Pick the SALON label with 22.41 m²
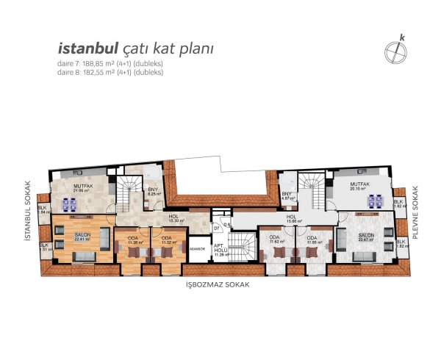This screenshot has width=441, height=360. click(82, 236)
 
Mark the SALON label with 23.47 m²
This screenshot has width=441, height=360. click(365, 236)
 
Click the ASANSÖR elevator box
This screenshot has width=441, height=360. click(198, 248)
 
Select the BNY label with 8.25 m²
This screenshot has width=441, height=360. click(153, 190)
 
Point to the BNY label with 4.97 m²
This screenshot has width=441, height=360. click(287, 195)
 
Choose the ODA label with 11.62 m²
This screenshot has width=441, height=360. click(274, 238)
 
